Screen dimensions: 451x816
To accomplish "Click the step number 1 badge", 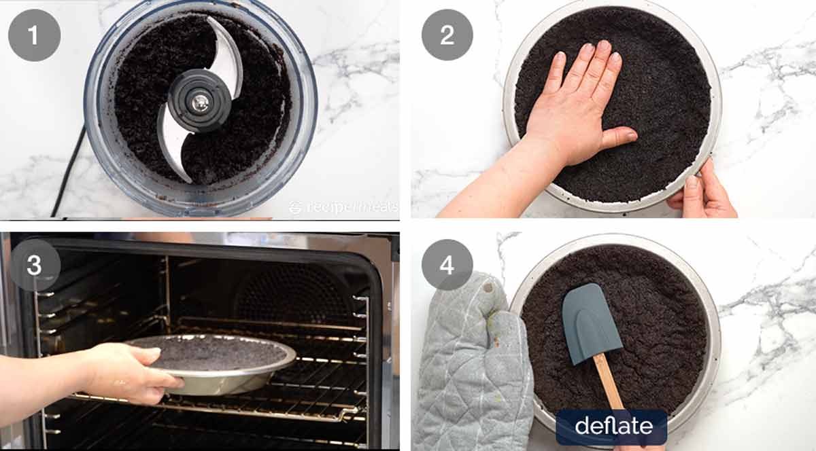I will (x=34, y=35).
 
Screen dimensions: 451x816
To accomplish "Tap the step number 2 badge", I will (x=447, y=35).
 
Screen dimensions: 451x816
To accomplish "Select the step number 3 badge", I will (x=34, y=265).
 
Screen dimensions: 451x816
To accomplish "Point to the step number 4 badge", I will (x=447, y=265).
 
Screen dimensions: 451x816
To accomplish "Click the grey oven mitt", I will (x=469, y=367).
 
